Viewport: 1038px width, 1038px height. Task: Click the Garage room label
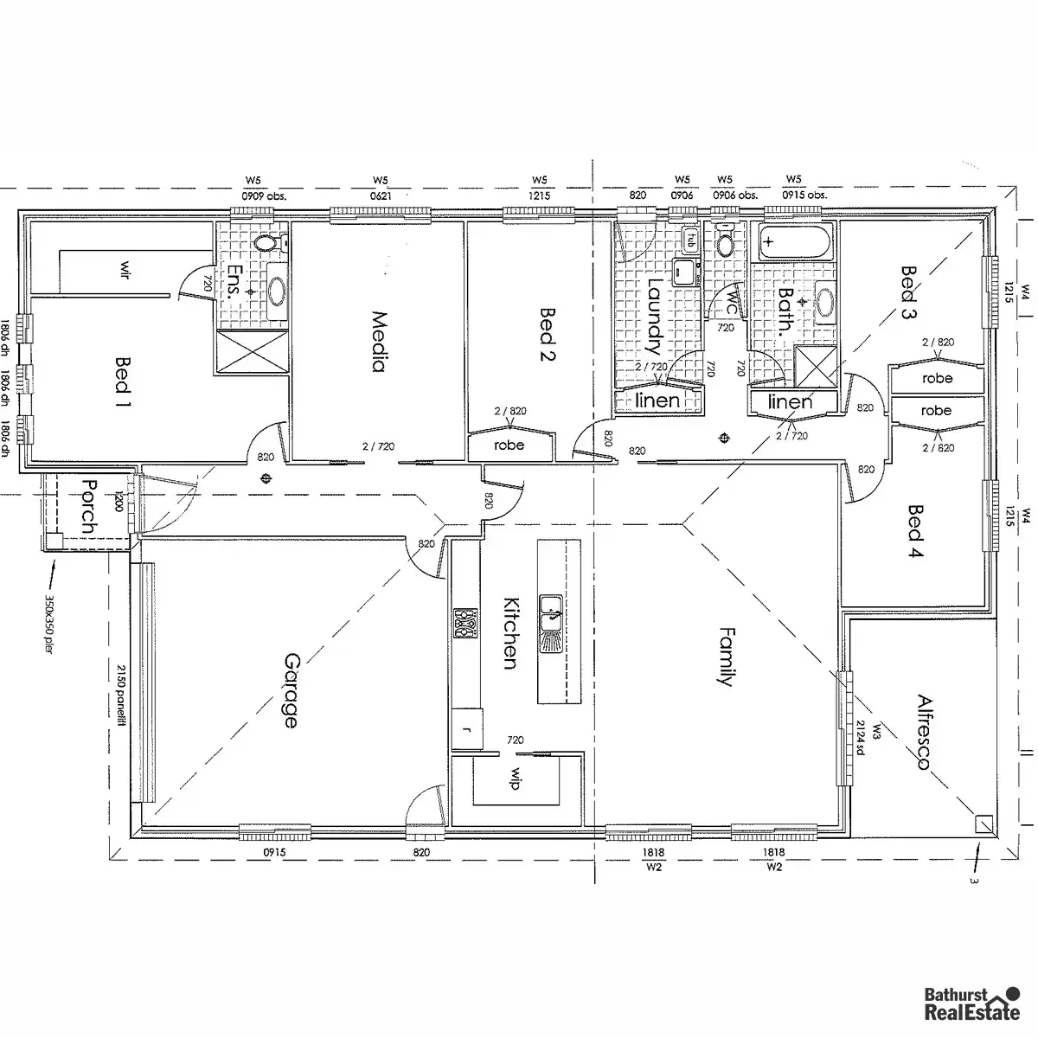click(291, 689)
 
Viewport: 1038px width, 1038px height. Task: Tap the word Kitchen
click(510, 633)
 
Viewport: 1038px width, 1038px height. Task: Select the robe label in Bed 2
click(509, 445)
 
